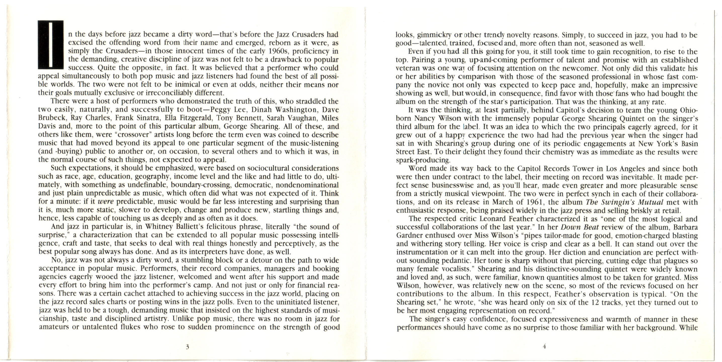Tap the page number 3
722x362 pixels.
[187, 347]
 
